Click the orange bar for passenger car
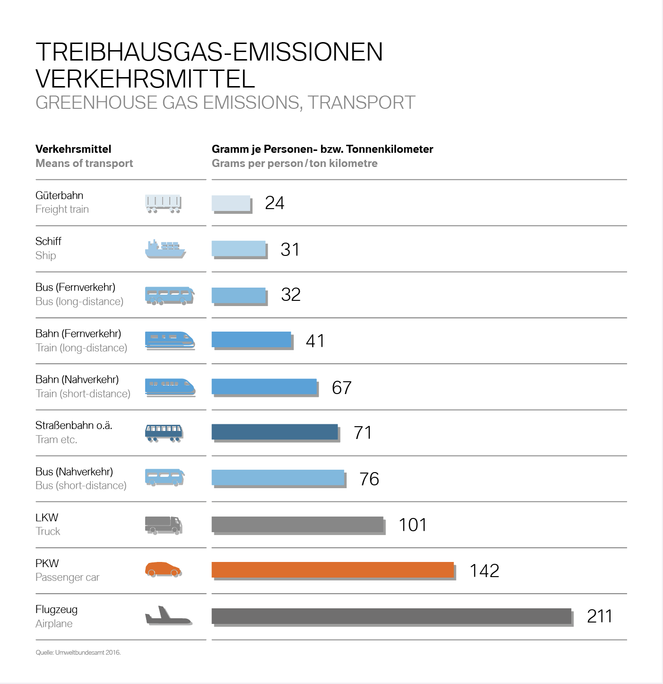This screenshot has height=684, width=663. [x=332, y=570]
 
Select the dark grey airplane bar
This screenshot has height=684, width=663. [x=391, y=616]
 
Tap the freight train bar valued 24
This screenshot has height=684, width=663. [x=231, y=203]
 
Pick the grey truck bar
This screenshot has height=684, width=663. [x=297, y=524]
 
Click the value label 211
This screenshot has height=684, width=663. [x=600, y=616]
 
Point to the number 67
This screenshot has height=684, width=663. [x=341, y=388]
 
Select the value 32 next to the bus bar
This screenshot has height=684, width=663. [x=290, y=295]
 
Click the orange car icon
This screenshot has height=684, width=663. [x=163, y=570]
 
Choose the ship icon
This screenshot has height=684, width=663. [x=165, y=249]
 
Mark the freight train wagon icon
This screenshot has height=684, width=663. [x=163, y=204]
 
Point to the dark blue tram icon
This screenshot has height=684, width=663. [x=164, y=433]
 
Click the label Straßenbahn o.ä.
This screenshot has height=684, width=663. [x=74, y=425]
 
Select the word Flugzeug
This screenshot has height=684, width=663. [x=57, y=609]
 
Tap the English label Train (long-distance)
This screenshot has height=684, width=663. [x=81, y=348]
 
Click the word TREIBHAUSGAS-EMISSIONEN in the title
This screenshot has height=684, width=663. [x=209, y=52]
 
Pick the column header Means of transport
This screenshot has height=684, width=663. [x=84, y=164]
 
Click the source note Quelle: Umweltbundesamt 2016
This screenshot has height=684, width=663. [x=78, y=652]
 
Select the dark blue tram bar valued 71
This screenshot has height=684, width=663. [x=274, y=432]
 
